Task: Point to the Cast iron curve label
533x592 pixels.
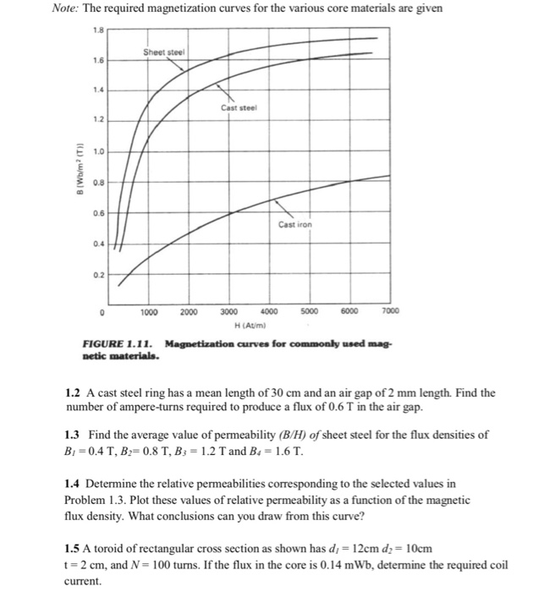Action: (294, 224)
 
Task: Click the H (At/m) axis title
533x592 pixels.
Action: (248, 324)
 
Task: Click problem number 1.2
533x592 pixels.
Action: (73, 393)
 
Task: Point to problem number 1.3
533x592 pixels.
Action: (73, 435)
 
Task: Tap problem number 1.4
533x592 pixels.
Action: (73, 485)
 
